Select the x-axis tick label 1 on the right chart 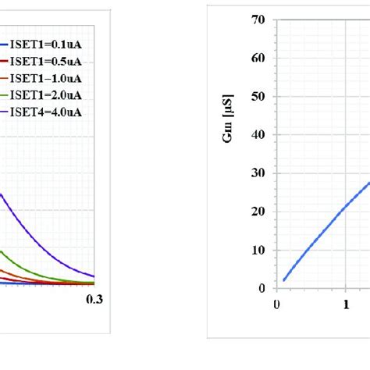345,304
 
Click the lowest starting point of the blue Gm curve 284,280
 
